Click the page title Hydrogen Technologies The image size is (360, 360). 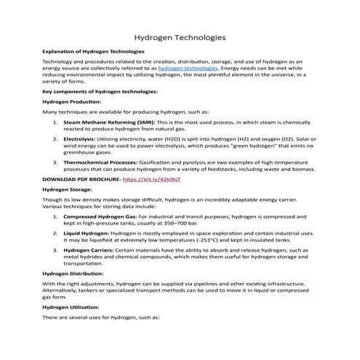pos(180,37)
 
